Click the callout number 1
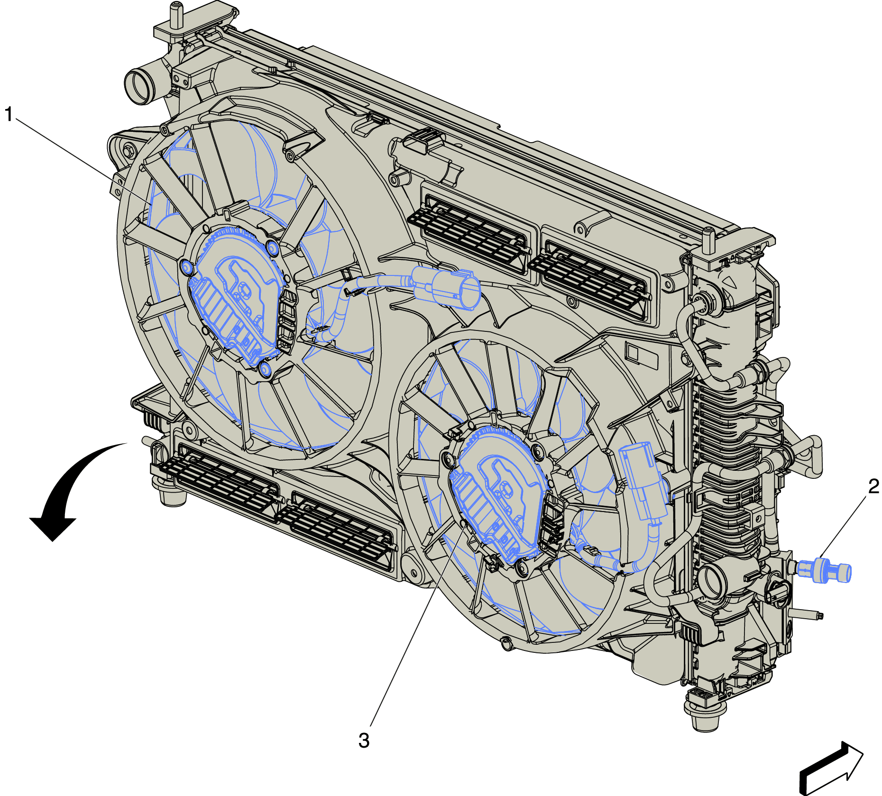9,114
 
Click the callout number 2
873,486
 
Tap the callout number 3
364,740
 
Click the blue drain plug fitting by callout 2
824,570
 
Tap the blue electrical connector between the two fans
446,287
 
